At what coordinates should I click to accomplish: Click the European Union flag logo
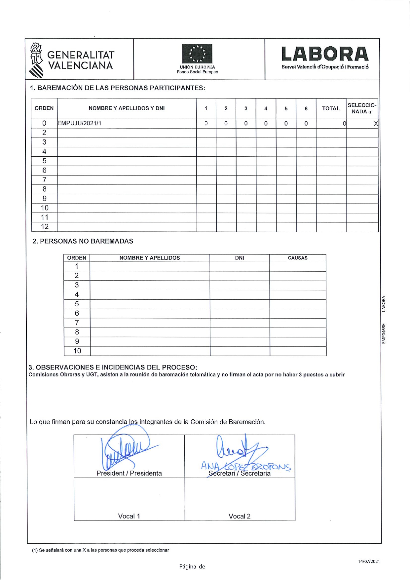(x=197, y=54)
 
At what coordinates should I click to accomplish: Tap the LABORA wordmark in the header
(x=325, y=54)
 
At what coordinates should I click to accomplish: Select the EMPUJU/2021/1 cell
(x=80, y=123)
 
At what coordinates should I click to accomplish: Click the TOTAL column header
(x=331, y=108)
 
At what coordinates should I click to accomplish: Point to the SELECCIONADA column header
(x=362, y=108)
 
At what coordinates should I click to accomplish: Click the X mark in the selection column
(x=376, y=124)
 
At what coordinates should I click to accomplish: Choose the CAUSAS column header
(x=297, y=258)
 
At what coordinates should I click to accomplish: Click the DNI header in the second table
(x=240, y=258)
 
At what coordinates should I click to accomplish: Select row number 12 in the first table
(x=45, y=227)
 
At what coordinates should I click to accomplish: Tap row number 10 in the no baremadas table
(x=77, y=351)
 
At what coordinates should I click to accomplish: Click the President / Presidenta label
(x=129, y=473)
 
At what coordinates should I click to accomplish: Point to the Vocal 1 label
(x=129, y=516)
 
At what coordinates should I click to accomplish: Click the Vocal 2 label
(x=240, y=516)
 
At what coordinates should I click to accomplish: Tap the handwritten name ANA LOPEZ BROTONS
(x=246, y=467)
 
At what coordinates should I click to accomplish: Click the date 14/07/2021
(x=369, y=561)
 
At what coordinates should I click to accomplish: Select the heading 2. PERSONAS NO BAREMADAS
(x=83, y=241)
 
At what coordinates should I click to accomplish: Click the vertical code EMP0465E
(x=384, y=333)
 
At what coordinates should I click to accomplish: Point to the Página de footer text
(x=192, y=566)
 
